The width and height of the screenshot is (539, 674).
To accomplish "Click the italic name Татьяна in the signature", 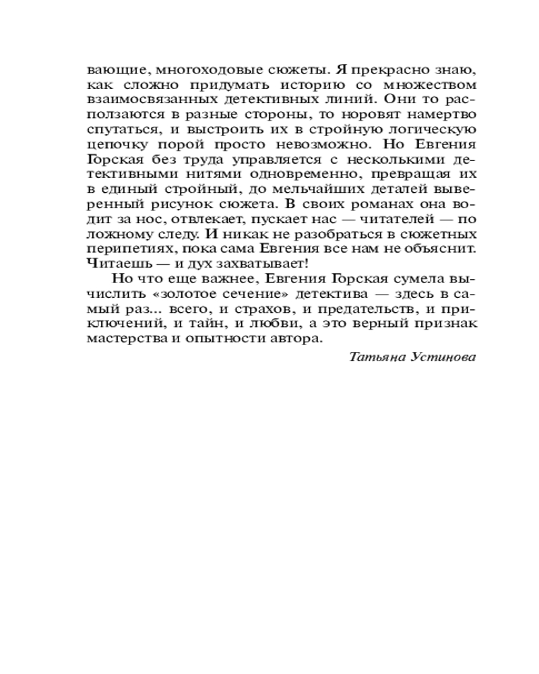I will [x=377, y=357].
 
